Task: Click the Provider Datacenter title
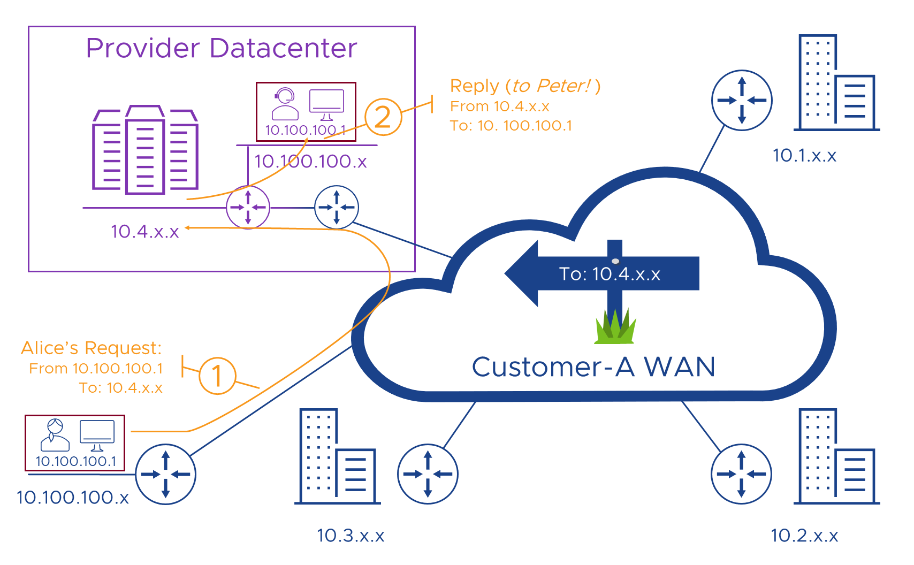coord(221,48)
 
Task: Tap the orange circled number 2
coord(383,117)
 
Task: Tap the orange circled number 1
coord(217,376)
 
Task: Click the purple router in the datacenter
coord(248,207)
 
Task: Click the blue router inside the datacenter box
coord(336,207)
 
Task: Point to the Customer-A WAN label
coord(593,367)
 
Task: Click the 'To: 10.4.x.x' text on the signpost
coord(610,274)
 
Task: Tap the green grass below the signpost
coord(615,327)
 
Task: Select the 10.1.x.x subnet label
coord(804,156)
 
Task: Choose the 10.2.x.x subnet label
coord(804,536)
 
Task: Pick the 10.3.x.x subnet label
coord(351,536)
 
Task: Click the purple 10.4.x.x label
coord(144,232)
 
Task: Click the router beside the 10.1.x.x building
coord(741,100)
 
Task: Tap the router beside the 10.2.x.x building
coord(741,474)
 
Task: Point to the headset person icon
coord(285,104)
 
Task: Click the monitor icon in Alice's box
coord(97,435)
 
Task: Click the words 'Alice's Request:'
coord(91,348)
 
